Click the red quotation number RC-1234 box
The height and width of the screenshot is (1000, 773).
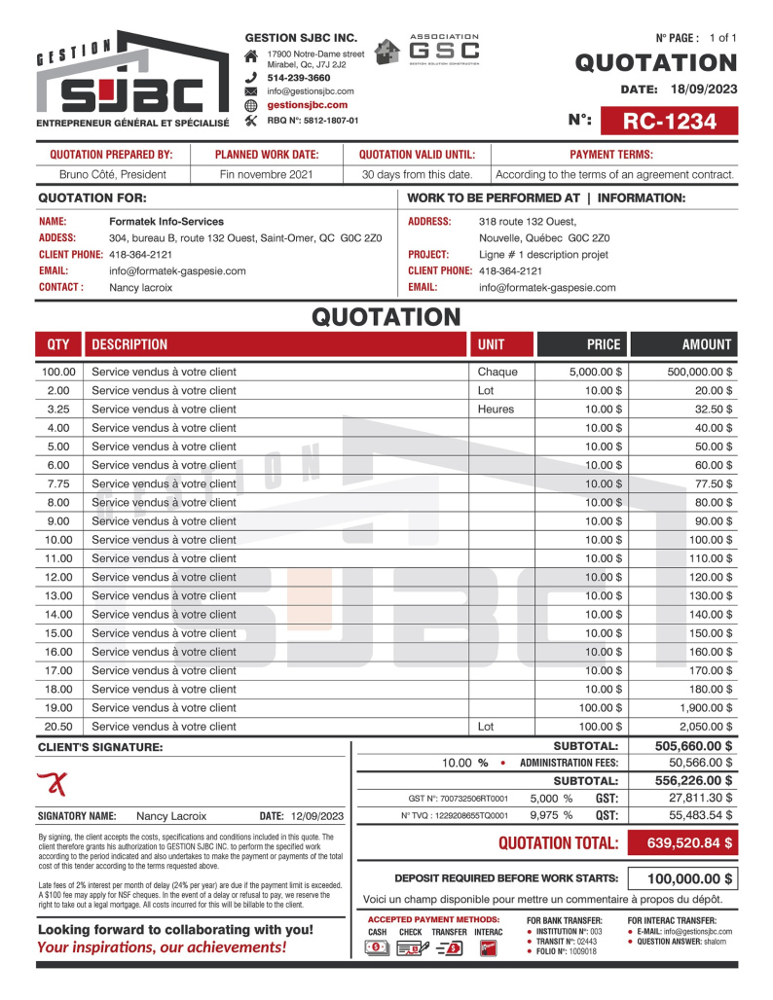pos(669,121)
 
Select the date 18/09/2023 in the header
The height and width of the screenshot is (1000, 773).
pos(704,89)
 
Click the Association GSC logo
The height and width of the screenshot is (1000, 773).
pos(429,49)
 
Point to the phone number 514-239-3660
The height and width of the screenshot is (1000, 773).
pos(298,77)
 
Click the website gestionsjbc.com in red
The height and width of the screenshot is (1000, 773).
pos(307,105)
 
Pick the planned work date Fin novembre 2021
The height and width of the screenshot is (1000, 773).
pos(266,175)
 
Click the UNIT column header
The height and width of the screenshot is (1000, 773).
pos(491,344)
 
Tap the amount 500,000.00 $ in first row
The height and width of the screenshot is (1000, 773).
pos(700,372)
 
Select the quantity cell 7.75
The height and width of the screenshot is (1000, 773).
pos(57,483)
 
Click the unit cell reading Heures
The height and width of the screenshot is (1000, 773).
pos(496,410)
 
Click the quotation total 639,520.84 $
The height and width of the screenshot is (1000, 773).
pos(681,843)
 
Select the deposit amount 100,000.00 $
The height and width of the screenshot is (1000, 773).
pos(681,878)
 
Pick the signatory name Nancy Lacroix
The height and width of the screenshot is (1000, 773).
pos(171,816)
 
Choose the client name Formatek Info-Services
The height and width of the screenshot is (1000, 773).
pos(166,222)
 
